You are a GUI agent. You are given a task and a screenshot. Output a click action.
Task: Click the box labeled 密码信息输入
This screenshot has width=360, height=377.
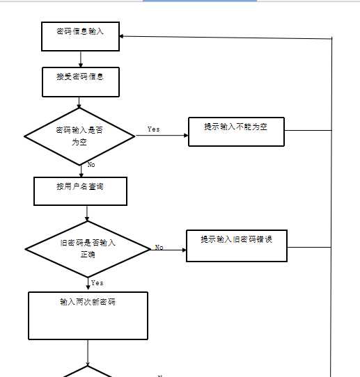81,35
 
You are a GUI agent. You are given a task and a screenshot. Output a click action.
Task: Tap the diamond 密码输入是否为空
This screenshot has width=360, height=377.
79,136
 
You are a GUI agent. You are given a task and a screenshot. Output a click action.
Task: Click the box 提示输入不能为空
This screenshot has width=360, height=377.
236,131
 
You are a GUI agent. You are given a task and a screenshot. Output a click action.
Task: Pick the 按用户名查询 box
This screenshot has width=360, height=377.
80,191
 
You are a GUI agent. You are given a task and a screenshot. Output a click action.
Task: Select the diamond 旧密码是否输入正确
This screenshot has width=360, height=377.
88,248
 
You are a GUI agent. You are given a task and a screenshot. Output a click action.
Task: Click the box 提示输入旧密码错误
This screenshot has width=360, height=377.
236,246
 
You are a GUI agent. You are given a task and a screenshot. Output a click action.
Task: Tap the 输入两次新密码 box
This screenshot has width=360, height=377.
88,315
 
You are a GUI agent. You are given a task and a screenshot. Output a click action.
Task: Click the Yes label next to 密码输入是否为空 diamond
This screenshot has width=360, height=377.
153,129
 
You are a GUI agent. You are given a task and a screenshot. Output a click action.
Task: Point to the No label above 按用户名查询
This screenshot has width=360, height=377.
91,165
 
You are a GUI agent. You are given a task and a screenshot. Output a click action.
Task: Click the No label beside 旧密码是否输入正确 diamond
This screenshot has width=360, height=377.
159,248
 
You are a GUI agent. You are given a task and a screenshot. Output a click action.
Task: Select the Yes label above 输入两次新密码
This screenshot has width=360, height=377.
97,283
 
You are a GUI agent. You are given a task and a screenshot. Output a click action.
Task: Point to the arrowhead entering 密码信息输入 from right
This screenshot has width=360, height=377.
125,36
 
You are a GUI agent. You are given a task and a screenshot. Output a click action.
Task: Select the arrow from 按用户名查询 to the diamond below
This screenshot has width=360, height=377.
87,214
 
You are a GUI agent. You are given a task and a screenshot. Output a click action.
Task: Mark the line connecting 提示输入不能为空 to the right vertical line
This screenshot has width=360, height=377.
308,130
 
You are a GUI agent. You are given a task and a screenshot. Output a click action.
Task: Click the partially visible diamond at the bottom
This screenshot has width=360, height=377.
88,372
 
